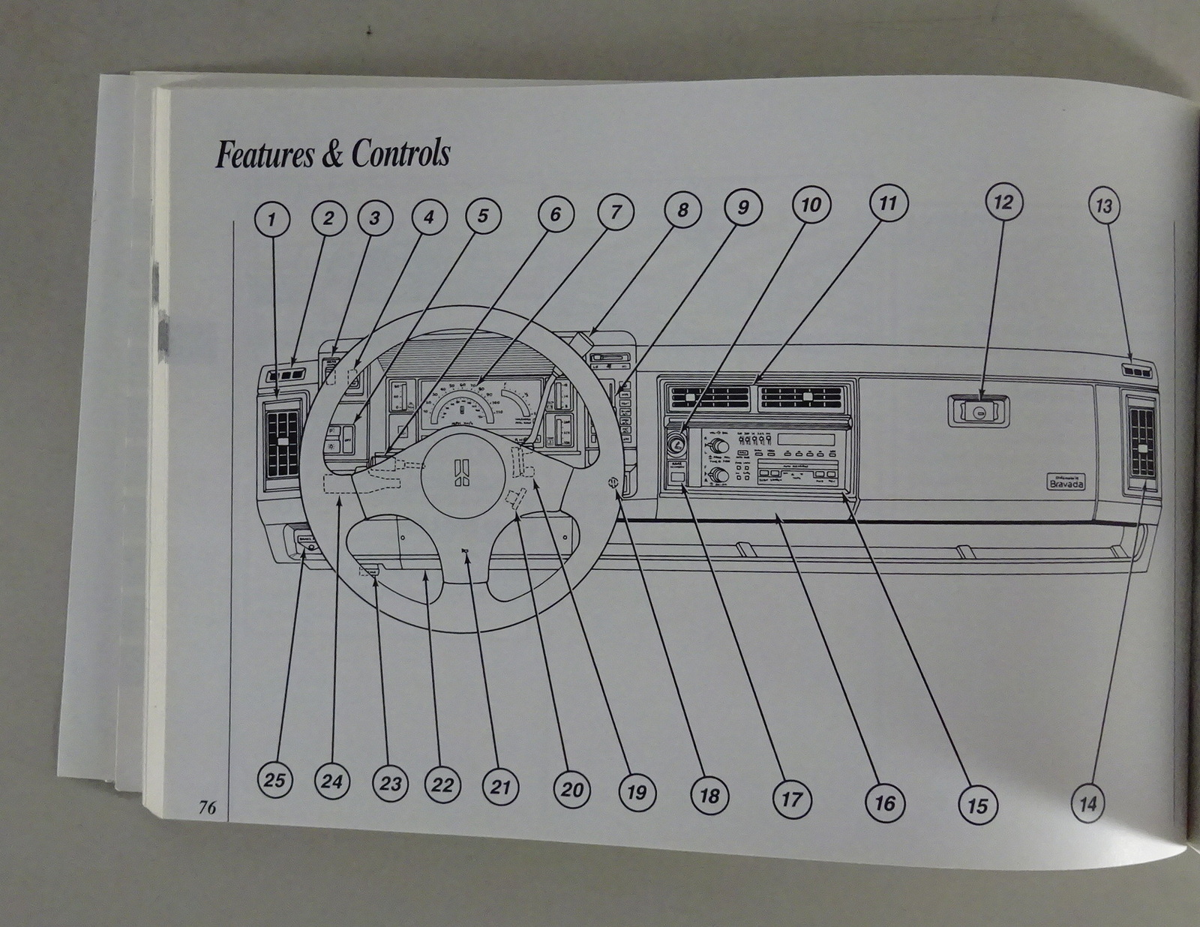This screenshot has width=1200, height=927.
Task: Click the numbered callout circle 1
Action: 271,220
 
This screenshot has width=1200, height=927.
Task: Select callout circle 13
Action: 1103,205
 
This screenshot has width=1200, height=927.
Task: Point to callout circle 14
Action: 1087,804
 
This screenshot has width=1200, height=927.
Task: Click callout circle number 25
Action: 274,780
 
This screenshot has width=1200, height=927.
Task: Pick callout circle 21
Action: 500,787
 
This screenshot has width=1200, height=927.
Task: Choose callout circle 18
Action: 709,796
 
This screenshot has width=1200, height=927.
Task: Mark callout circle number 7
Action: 615,212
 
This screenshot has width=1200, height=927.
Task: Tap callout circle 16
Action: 885,803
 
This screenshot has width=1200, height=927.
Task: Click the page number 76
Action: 207,807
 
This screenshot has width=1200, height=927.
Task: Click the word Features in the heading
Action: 263,154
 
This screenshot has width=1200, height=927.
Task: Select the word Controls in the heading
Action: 400,154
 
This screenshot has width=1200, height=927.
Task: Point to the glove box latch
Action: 979,412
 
